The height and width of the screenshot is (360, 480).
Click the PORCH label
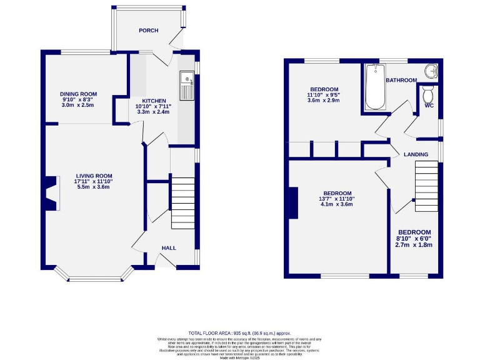pyautogui.click(x=149, y=31)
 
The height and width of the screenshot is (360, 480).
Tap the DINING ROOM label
pyautogui.click(x=79, y=94)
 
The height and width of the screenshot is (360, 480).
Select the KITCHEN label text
pyautogui.click(x=154, y=101)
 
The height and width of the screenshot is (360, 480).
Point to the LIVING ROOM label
pyautogui.click(x=94, y=176)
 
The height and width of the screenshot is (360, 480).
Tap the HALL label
pyautogui.click(x=169, y=248)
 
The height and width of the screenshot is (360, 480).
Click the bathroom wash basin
pyautogui.click(x=430, y=72)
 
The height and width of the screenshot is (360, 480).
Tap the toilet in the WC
pyautogui.click(x=428, y=94)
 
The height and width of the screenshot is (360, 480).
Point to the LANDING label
pyautogui.click(x=416, y=154)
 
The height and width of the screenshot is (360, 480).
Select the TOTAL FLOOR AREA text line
pyautogui.click(x=240, y=334)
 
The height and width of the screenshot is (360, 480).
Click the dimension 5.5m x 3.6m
pyautogui.click(x=94, y=187)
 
